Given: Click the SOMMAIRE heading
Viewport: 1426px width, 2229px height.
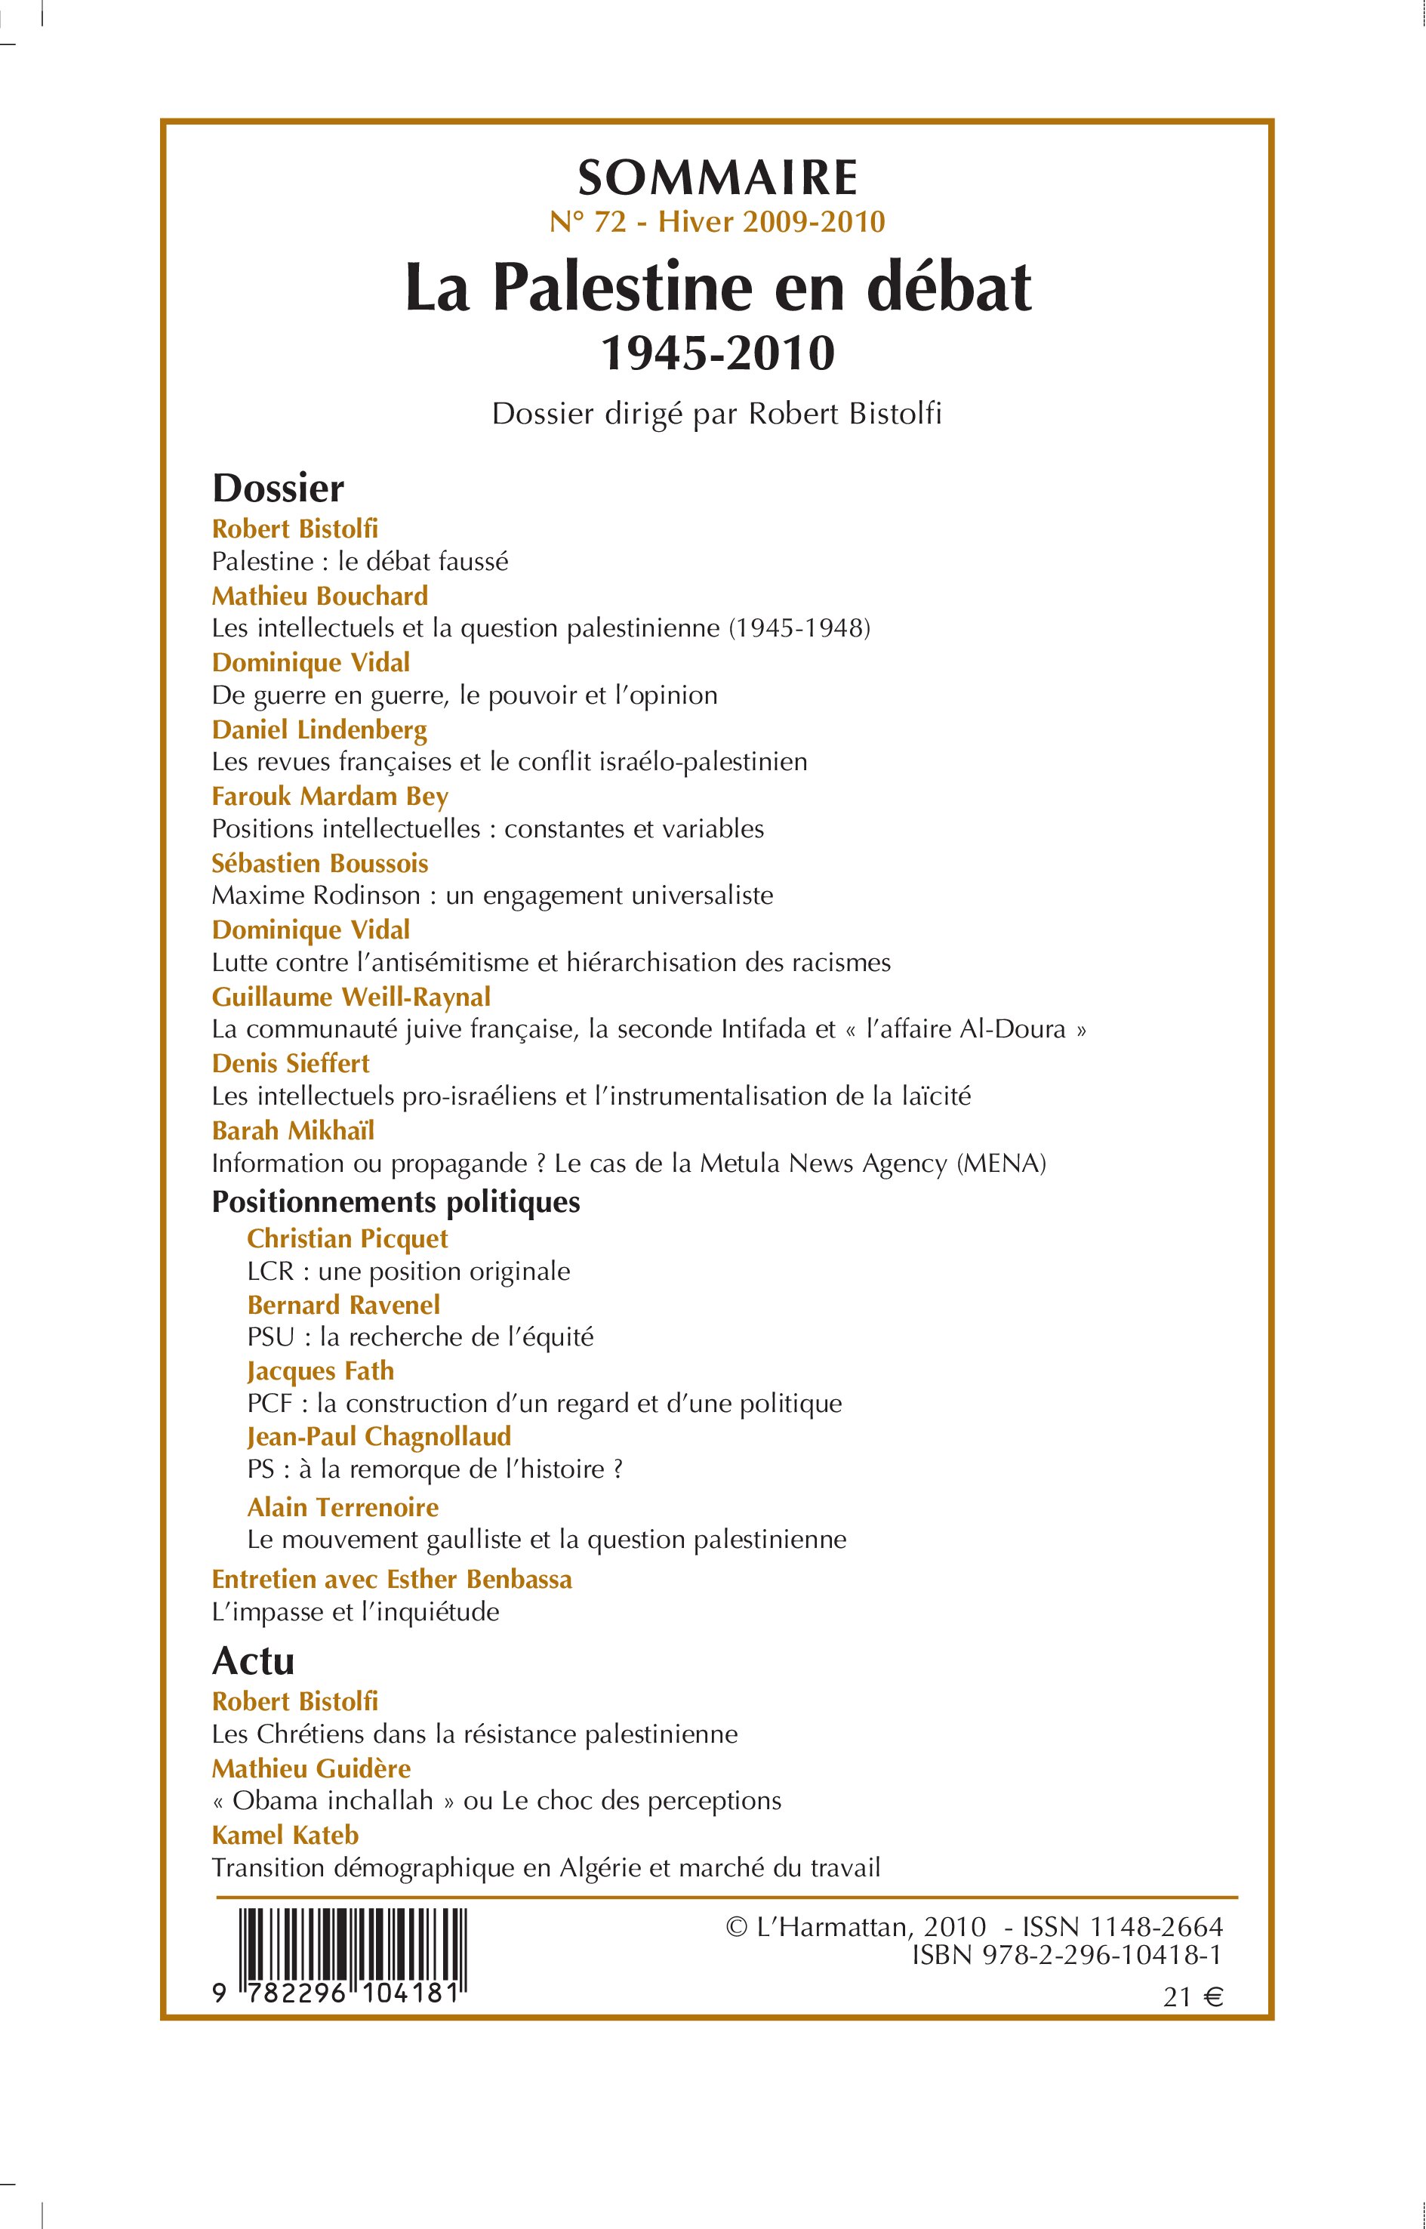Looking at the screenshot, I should point(718,177).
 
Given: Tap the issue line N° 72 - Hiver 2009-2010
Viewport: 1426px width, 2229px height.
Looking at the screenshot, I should point(718,222).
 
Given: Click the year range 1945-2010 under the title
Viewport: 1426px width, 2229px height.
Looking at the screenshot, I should point(718,353).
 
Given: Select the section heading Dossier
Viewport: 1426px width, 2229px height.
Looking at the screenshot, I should point(278,488).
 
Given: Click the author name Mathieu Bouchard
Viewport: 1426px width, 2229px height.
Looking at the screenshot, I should point(319,596).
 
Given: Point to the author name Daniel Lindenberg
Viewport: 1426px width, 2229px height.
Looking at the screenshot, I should point(319,729).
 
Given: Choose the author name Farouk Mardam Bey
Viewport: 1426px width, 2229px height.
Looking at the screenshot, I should point(330,797).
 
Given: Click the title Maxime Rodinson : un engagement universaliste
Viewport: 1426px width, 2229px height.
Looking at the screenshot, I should point(491,896).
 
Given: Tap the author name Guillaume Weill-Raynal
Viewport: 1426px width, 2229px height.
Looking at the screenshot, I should point(351,997).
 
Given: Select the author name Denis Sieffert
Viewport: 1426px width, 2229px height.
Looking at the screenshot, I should point(290,1063).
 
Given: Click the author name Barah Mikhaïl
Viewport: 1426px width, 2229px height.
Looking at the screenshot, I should point(293,1130).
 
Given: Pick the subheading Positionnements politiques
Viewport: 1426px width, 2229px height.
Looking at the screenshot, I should point(396,1202).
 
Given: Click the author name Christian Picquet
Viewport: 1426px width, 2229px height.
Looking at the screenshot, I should point(347,1239).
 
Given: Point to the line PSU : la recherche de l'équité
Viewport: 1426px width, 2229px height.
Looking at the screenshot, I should point(420,1336).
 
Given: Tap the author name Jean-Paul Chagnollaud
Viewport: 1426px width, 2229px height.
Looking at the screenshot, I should point(379,1436).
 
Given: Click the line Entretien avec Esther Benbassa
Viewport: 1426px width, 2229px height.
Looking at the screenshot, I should point(392,1579).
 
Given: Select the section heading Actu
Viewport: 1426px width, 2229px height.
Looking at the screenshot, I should point(253,1661).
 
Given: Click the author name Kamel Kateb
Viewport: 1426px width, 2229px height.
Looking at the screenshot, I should point(285,1835).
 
